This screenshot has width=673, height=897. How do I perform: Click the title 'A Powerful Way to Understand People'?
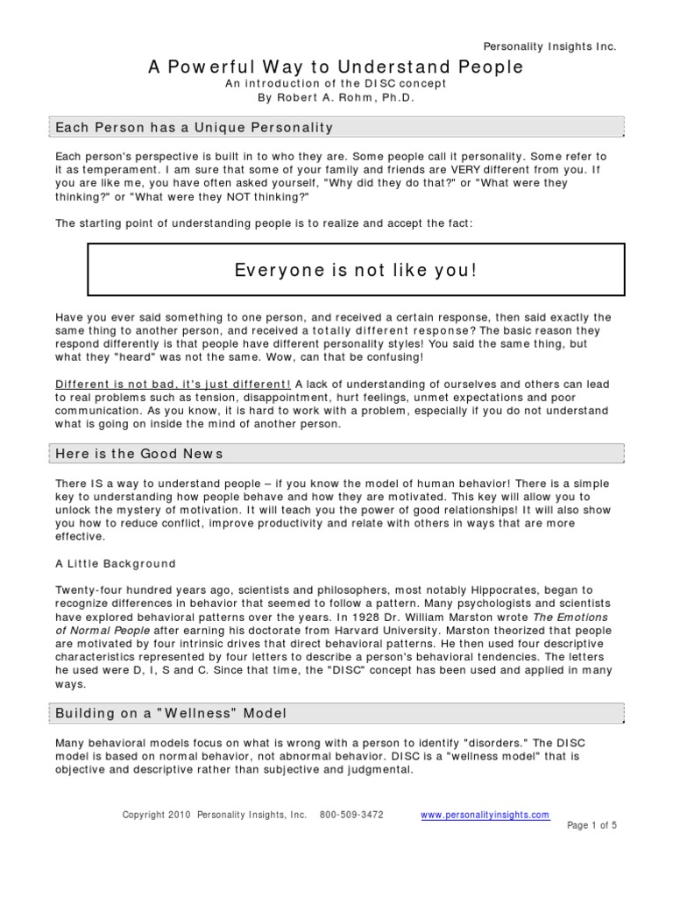pos(336,67)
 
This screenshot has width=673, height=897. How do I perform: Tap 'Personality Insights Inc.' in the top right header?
pos(550,46)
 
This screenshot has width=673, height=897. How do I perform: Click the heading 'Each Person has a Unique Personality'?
pos(195,128)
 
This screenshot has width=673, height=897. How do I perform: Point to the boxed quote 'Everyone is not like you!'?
pos(356,270)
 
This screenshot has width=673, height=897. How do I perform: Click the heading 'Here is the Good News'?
pos(139,453)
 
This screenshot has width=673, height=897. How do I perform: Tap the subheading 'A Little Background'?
pos(116,563)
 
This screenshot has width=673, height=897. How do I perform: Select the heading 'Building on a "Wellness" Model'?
pos(171,714)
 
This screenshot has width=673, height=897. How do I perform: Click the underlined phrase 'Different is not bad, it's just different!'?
pos(174,383)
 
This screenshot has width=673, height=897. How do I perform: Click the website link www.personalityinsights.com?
pos(485,815)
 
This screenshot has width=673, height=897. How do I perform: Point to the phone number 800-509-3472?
pos(353,815)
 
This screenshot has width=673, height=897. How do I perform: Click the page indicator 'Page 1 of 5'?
pos(592,825)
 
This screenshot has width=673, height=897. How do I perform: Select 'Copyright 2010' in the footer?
pos(152,815)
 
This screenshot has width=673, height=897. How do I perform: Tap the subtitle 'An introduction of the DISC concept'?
pos(336,83)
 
